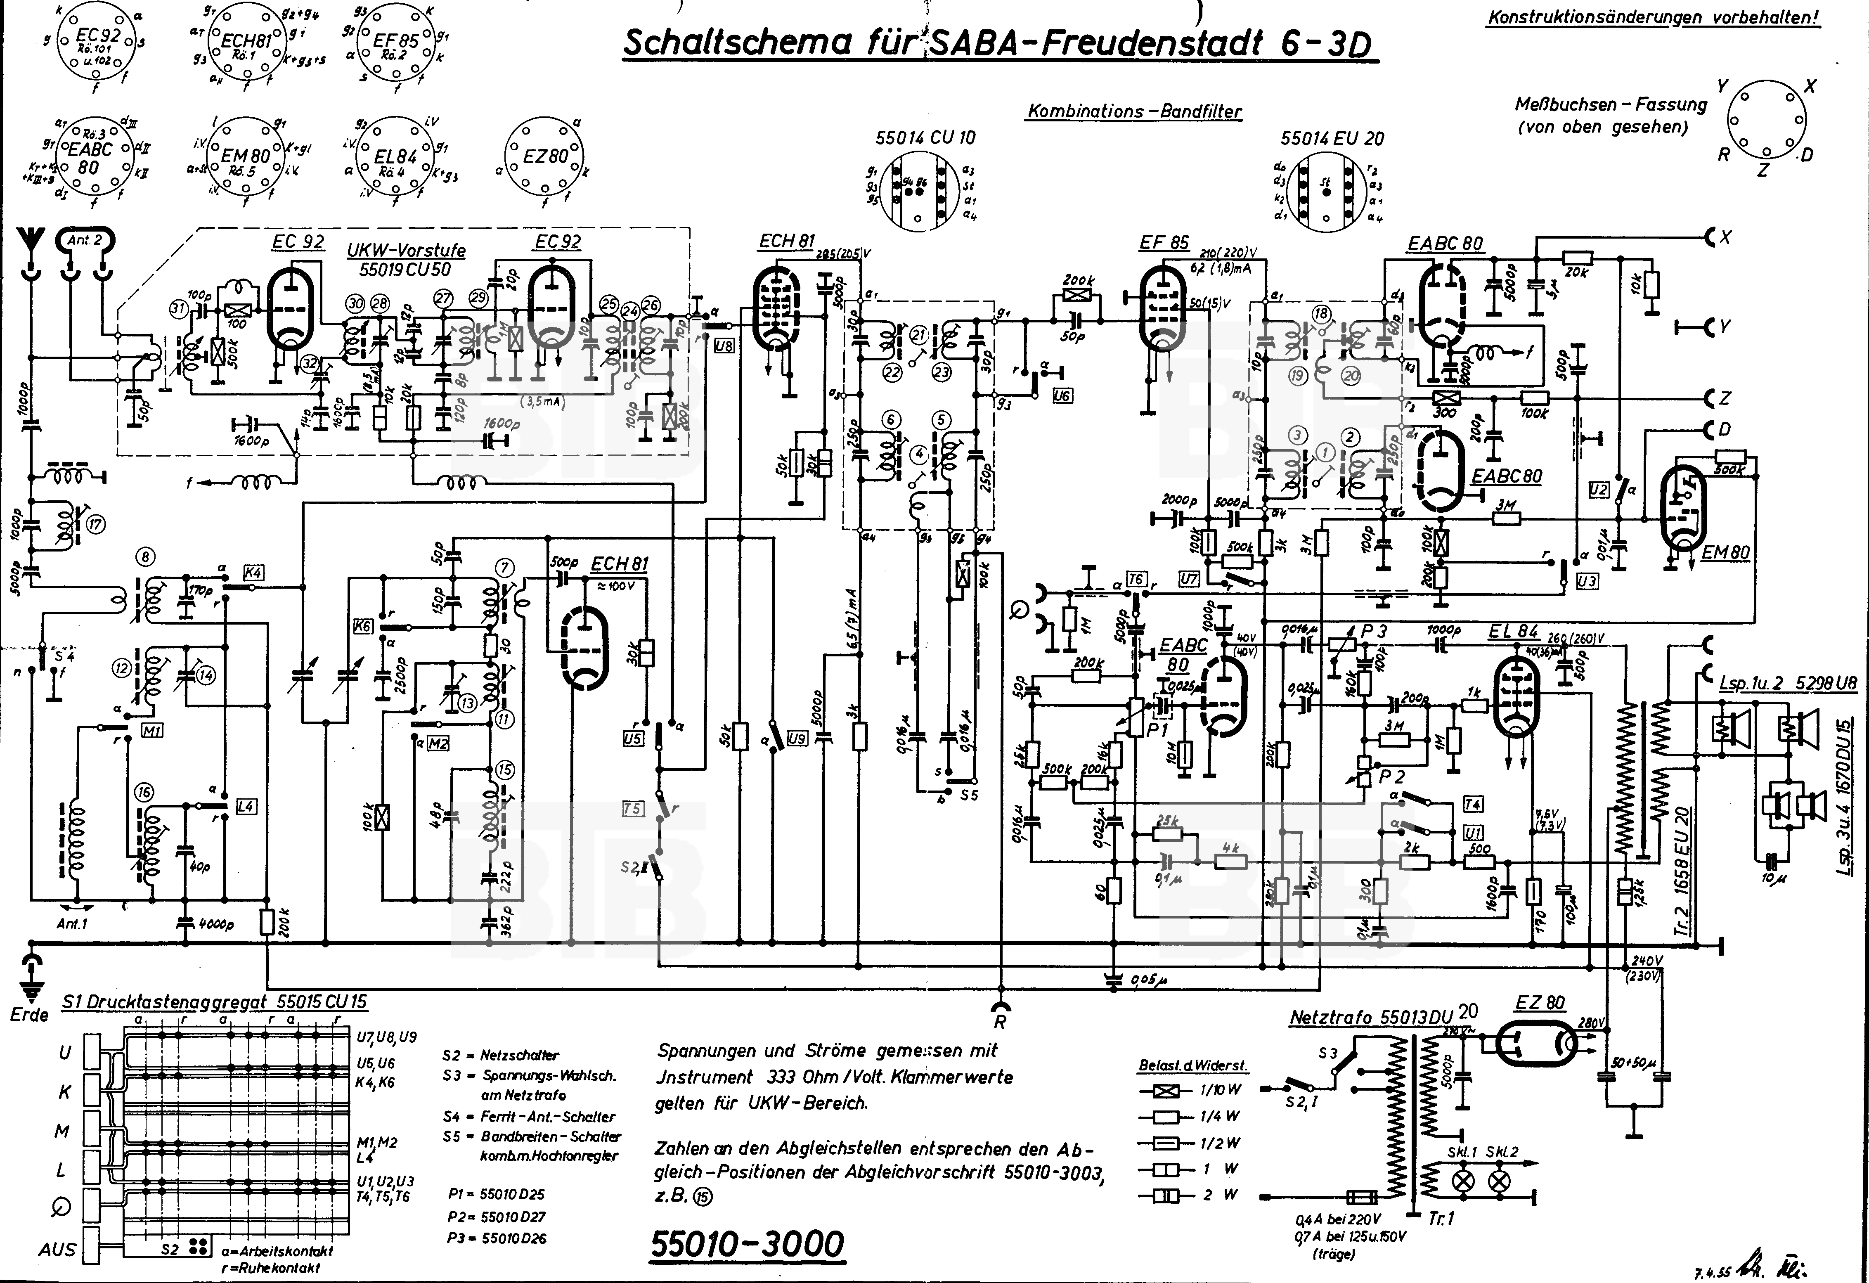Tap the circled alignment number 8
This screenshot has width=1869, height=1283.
(x=146, y=556)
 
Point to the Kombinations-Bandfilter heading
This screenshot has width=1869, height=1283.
(x=1134, y=112)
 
